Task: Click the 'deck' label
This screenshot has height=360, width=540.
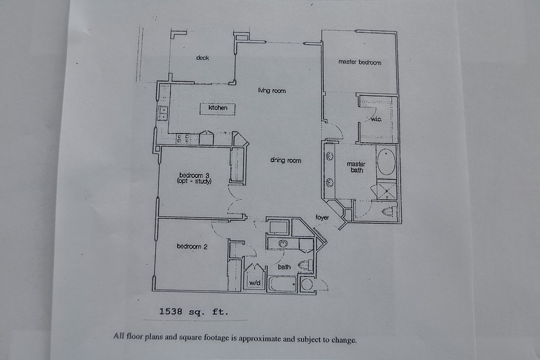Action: pos(203,57)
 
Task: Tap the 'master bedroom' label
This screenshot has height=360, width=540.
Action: pos(359,62)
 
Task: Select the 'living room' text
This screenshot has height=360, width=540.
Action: pos(272,91)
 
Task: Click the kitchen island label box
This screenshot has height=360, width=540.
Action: pos(218,109)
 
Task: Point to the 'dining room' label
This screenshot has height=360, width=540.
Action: pos(285,160)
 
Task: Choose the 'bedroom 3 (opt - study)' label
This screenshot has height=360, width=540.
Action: pos(194,178)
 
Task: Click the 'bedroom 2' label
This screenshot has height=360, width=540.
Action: pos(192,246)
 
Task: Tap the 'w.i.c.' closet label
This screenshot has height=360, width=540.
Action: pos(376,119)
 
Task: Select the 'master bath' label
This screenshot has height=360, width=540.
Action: pos(356,167)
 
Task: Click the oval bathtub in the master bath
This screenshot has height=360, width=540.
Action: pos(386,162)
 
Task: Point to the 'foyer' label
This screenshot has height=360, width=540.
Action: pos(322,217)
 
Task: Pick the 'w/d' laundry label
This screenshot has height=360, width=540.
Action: pos(255,283)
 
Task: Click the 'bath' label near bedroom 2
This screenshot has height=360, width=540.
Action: pos(284,266)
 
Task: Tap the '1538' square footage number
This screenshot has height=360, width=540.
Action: pos(170,312)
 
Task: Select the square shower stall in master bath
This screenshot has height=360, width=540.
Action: pos(386,190)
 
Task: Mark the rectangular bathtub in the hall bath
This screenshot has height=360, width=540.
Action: pos(282,284)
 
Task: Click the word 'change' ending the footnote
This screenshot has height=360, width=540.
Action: pos(344,340)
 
